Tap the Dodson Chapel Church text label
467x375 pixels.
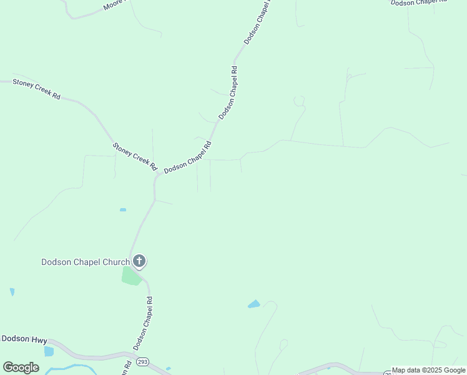click(x=86, y=262)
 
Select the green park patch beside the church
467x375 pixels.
click(x=131, y=276)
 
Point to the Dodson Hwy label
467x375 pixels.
click(x=24, y=339)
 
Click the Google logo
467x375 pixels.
click(x=21, y=367)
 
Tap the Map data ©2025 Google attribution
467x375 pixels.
click(x=429, y=371)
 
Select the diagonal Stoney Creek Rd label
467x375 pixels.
click(x=134, y=156)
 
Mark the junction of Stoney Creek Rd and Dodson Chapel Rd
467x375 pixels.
click(x=156, y=177)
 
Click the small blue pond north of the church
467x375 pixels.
click(x=123, y=209)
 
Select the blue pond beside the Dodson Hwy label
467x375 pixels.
click(x=49, y=351)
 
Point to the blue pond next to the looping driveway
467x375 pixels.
click(x=253, y=304)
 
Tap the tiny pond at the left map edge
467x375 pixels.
click(x=12, y=292)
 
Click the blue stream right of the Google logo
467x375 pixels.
click(x=69, y=367)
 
